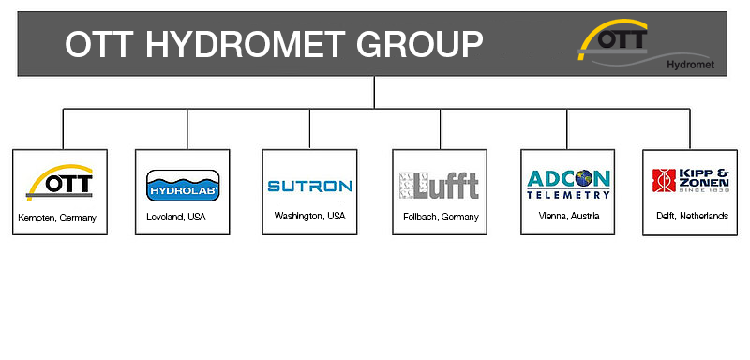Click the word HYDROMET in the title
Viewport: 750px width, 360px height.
pyautogui.click(x=242, y=44)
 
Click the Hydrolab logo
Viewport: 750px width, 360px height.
pyautogui.click(x=183, y=185)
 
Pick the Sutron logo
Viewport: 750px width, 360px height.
pyautogui.click(x=309, y=186)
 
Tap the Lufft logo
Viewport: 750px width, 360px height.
pyautogui.click(x=439, y=186)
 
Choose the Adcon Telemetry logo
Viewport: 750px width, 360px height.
pyautogui.click(x=568, y=184)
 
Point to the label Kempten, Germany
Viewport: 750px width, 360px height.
pyautogui.click(x=57, y=218)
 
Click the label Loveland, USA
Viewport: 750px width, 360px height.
pyautogui.click(x=176, y=217)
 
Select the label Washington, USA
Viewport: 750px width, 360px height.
pyautogui.click(x=309, y=217)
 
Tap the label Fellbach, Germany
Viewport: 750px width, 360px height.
pyautogui.click(x=441, y=217)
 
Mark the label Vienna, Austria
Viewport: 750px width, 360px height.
pyautogui.click(x=568, y=217)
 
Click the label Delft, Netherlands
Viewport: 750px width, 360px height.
pyautogui.click(x=692, y=217)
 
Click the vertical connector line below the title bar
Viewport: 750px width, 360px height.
pyautogui.click(x=374, y=92)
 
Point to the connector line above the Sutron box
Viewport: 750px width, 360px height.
pyautogui.click(x=309, y=128)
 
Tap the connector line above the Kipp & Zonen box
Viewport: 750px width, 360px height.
pyautogui.click(x=690, y=128)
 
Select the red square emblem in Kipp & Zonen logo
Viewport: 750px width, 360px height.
pyautogui.click(x=664, y=180)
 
